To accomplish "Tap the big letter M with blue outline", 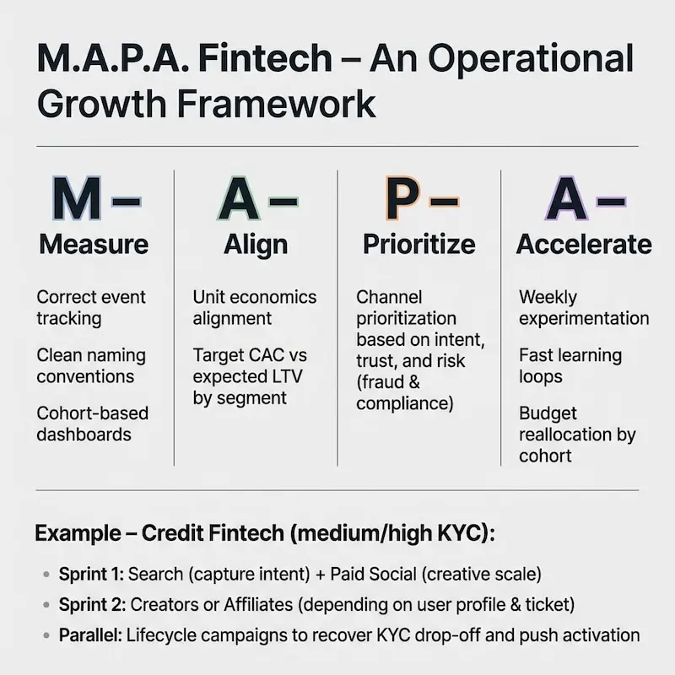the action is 77,198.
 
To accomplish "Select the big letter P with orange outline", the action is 402,198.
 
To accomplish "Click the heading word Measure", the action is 94,244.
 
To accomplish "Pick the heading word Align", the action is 256,246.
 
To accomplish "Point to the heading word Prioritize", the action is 419,244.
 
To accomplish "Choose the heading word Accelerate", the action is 584,244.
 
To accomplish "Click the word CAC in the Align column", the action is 268,355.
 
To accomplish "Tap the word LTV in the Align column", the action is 287,376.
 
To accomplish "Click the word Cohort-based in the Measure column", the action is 93,413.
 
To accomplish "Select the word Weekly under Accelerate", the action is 548,298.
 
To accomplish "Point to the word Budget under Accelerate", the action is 548,413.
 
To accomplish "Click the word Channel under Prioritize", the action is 389,297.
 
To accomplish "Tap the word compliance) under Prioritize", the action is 405,404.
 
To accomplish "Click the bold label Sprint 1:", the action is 91,575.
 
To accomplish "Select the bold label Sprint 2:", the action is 92,605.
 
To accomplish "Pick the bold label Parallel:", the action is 91,635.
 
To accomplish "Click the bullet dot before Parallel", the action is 46,635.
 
